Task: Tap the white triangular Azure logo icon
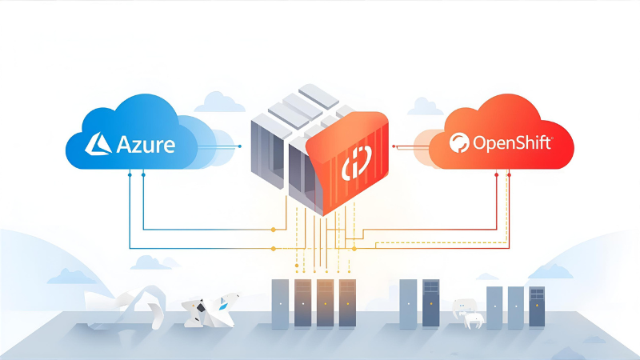click(x=99, y=143)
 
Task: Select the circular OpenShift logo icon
click(x=461, y=144)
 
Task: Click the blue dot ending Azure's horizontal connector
click(x=240, y=146)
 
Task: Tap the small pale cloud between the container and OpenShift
click(x=424, y=106)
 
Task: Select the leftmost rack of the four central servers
click(x=280, y=303)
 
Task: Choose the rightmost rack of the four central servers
click(x=347, y=303)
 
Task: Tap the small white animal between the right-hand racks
click(x=468, y=312)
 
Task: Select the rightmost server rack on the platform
click(x=536, y=308)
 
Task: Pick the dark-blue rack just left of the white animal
click(x=431, y=304)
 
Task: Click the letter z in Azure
click(x=137, y=146)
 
